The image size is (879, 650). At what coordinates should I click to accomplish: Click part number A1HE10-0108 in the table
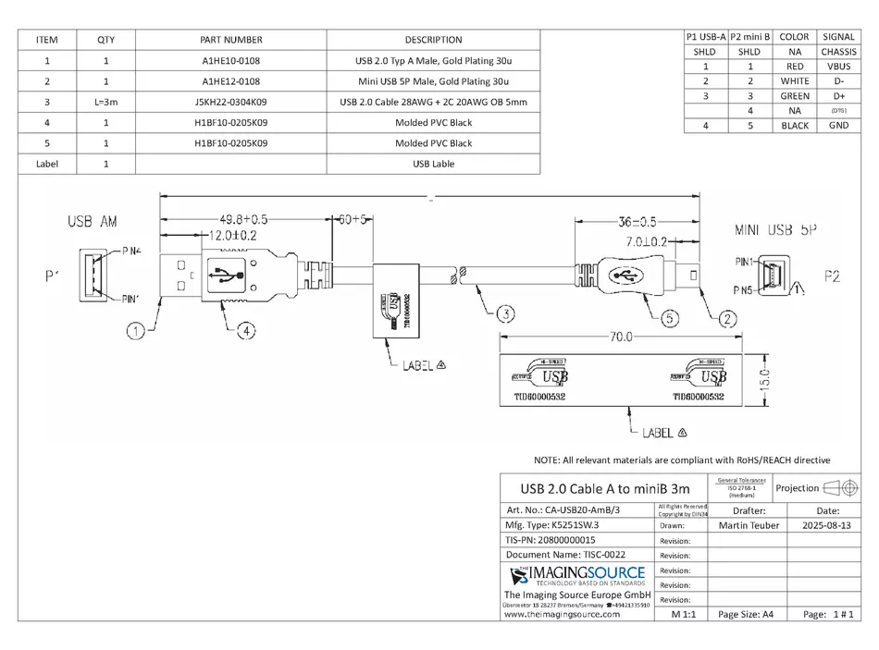tap(230, 61)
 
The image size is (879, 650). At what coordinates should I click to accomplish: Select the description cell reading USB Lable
tap(433, 164)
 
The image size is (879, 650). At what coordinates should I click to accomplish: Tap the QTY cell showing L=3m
tap(105, 102)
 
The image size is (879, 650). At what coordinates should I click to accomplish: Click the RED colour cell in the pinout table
tap(794, 67)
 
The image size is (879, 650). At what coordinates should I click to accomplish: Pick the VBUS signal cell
tap(838, 67)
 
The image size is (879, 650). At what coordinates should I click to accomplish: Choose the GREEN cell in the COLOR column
tap(794, 96)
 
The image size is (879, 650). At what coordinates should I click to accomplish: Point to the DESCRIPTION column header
tap(433, 40)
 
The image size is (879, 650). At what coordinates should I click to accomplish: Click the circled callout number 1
tap(136, 327)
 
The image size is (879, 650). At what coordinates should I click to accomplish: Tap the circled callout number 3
tap(504, 314)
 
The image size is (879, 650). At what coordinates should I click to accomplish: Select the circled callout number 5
tap(670, 318)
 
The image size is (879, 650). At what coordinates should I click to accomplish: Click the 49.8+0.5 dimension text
tap(242, 220)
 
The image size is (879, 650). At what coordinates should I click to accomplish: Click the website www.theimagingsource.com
tap(562, 614)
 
